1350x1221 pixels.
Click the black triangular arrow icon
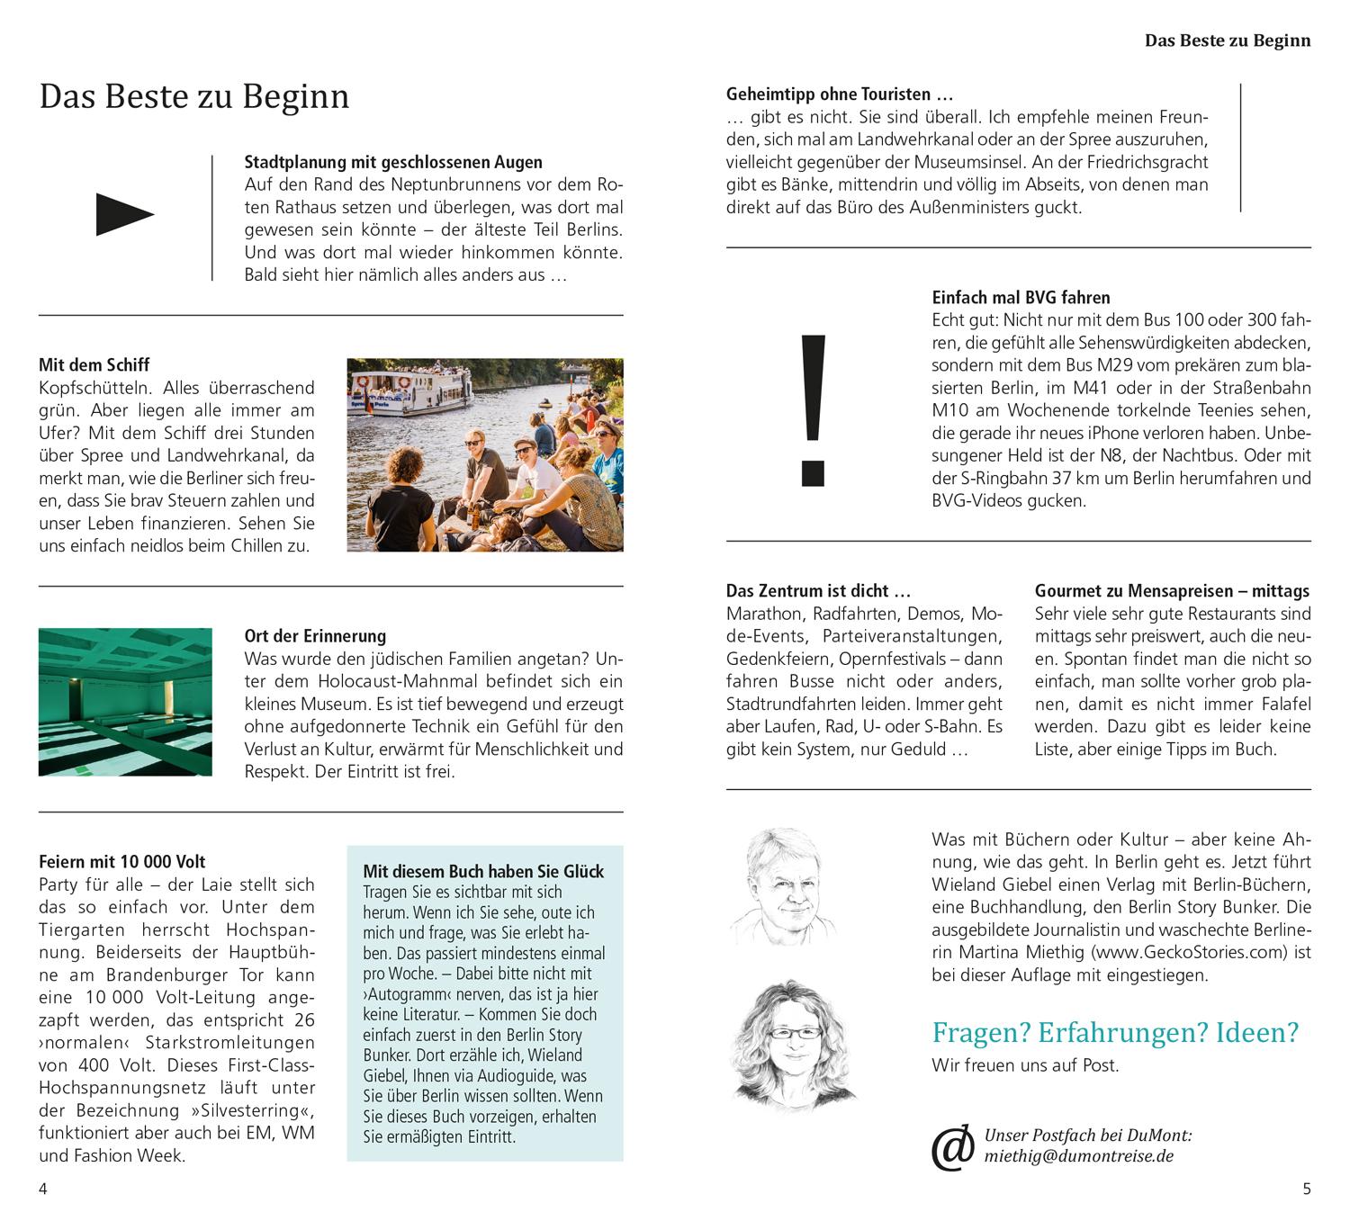124,215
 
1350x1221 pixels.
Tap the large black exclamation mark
812,409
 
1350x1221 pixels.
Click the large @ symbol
952,1146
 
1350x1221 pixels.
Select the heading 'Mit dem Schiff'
94,364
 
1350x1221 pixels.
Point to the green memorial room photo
125,702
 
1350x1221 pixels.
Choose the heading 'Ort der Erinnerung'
315,636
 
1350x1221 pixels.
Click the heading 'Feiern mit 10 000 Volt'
122,862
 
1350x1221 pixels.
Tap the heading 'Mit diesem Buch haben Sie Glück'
483,871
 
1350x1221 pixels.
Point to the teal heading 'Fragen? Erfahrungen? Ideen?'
1115,1032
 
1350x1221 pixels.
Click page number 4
42,1189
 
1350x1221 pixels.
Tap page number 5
1307,1189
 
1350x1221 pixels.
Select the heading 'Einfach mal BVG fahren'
1021,297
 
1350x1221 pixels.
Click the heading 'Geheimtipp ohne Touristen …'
840,94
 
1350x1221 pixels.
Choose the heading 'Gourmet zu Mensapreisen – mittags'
1172,591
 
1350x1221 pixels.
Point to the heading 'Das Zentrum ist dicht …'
819,591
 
